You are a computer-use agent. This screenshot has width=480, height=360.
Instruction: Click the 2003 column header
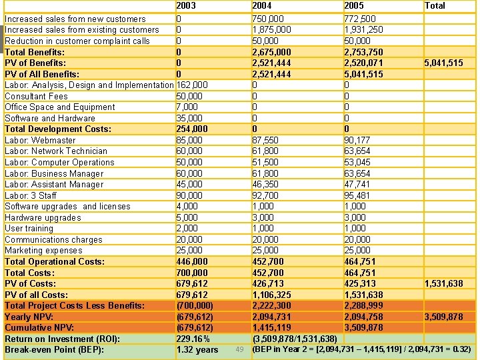tap(186, 5)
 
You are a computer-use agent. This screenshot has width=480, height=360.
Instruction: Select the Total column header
tap(435, 5)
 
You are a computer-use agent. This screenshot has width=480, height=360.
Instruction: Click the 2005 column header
tap(354, 5)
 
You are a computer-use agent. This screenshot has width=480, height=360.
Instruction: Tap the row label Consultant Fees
tap(36, 96)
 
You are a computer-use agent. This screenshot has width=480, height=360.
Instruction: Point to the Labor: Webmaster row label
tap(40, 140)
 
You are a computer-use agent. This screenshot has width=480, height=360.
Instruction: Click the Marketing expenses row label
tap(43, 251)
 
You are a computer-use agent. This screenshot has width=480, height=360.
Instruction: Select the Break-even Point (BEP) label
tap(54, 349)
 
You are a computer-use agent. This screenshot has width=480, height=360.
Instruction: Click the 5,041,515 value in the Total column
tap(443, 63)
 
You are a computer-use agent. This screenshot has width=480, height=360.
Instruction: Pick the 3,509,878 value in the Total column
tap(443, 317)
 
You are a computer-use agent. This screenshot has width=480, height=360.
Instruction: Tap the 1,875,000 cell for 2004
tap(271, 30)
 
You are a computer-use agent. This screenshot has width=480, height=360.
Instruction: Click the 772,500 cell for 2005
tap(360, 19)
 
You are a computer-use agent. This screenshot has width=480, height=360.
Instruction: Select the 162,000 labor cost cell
tap(191, 85)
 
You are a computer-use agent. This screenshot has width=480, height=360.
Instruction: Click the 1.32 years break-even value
tap(197, 349)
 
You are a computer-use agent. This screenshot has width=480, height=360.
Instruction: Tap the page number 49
tap(240, 349)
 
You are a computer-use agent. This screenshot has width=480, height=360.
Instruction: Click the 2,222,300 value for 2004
tap(271, 305)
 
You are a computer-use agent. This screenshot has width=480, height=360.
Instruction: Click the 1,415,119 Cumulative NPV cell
tap(271, 327)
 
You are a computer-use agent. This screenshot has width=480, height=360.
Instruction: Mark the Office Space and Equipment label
tap(59, 107)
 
